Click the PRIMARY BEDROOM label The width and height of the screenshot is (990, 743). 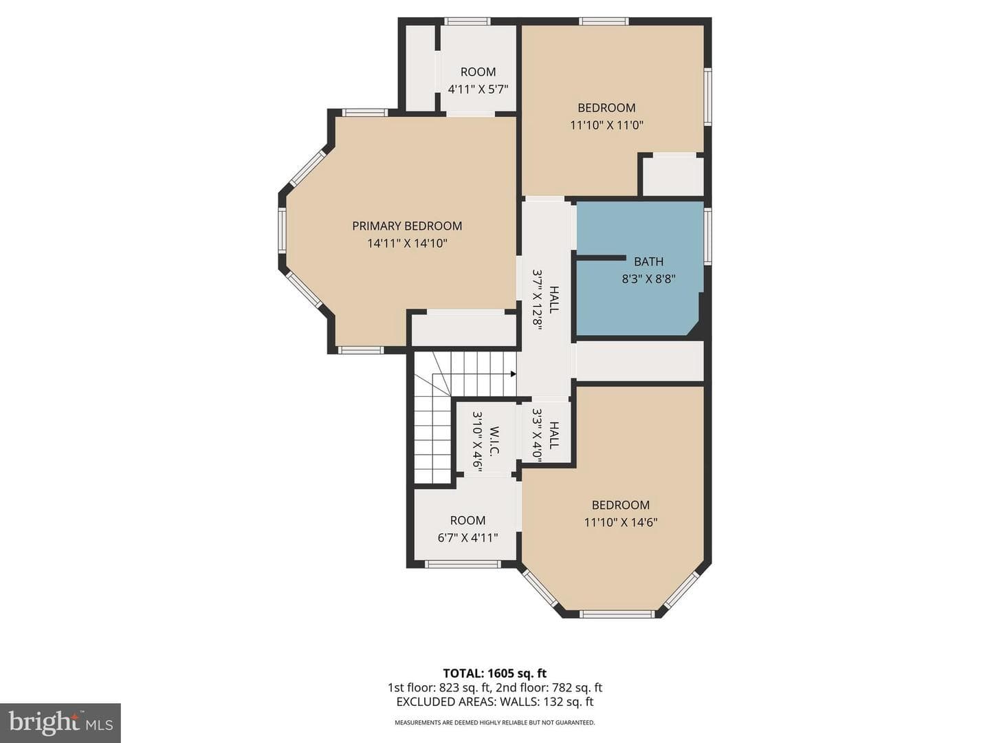407,226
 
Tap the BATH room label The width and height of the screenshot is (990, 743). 648,261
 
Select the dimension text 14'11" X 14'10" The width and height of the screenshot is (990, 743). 407,244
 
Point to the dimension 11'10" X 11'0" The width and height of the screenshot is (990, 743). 606,125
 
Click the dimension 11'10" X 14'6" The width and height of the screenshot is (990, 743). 621,522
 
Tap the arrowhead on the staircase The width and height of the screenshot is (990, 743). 514,374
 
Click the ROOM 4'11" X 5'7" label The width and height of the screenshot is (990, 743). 478,80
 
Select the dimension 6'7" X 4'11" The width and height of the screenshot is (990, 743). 467,538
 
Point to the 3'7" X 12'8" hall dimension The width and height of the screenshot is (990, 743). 537,299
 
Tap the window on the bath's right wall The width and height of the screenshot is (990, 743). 707,235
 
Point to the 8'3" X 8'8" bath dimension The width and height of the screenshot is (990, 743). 648,279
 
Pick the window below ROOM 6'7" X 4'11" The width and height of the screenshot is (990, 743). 463,564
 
